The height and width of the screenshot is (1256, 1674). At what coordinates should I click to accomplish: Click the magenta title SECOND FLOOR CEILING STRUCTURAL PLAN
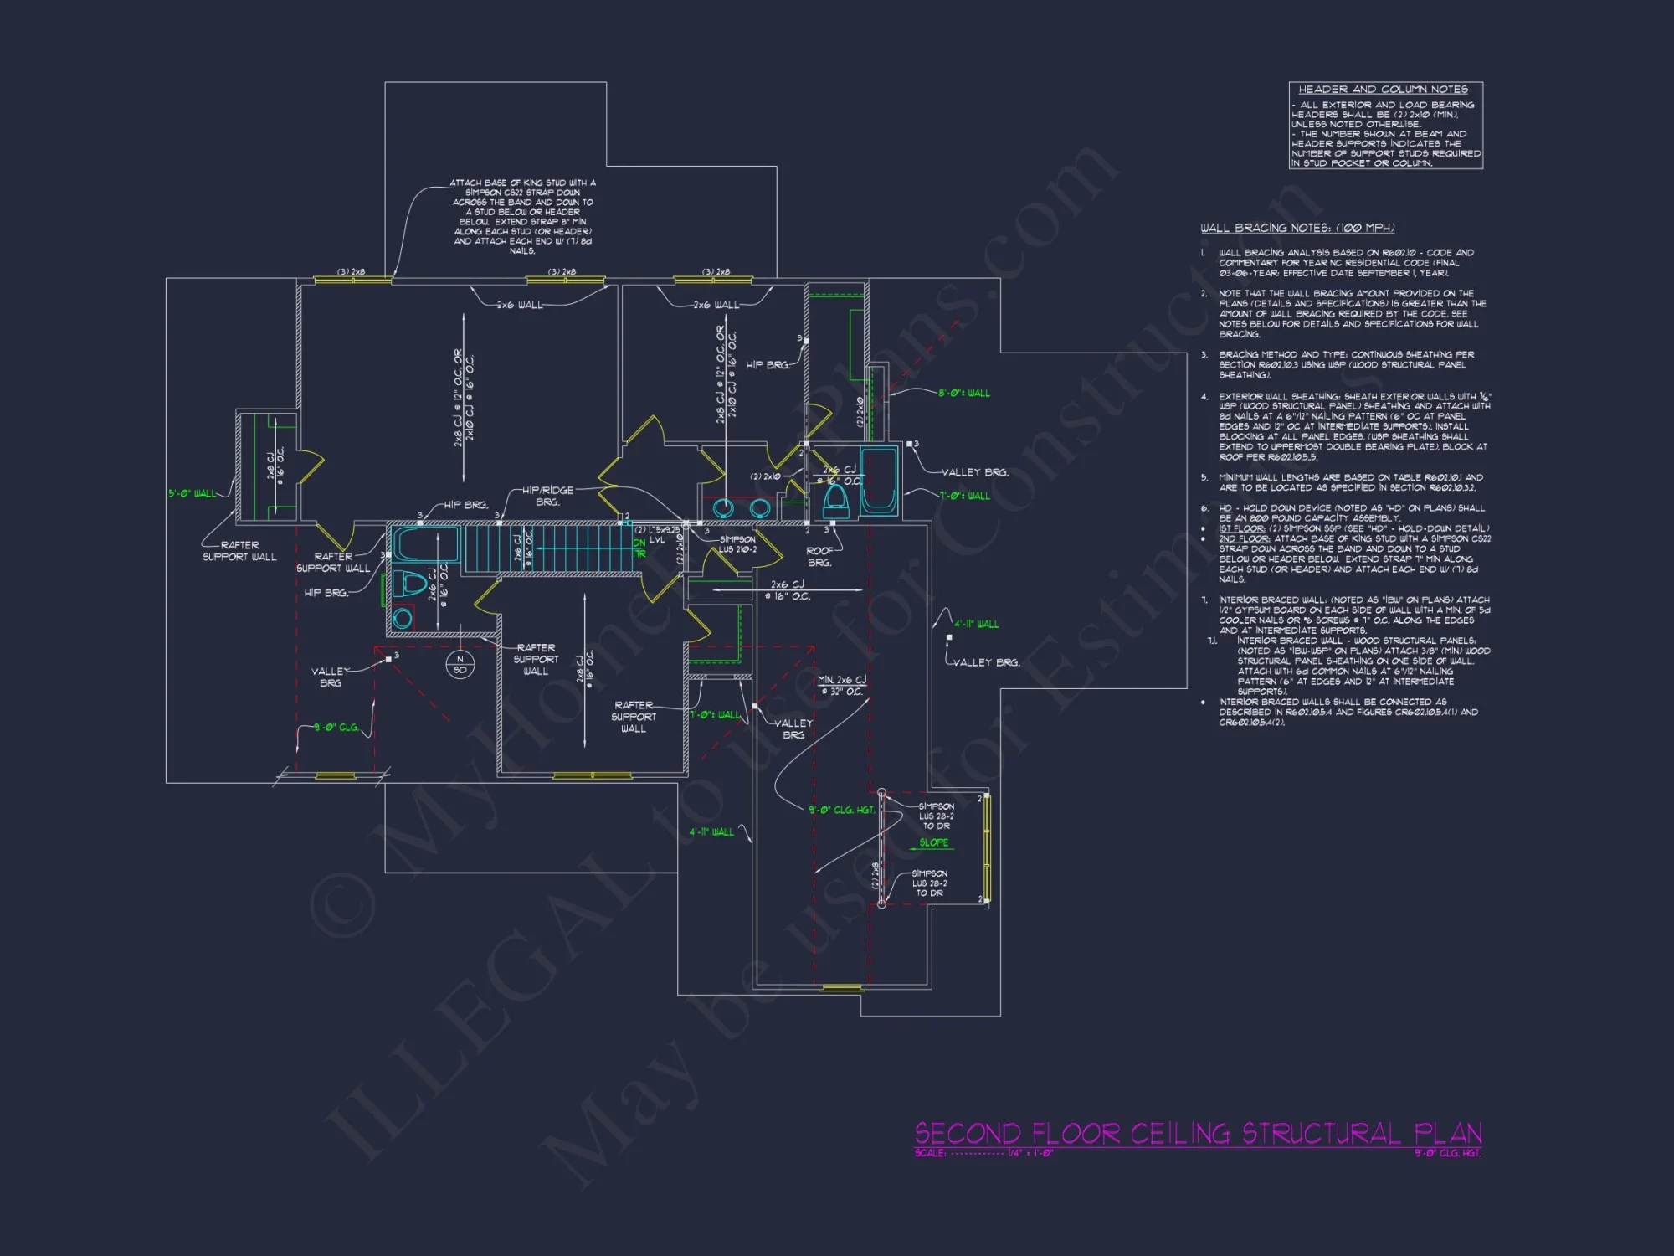pos(1198,1134)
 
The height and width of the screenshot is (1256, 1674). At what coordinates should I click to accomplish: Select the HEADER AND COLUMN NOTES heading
pos(1383,90)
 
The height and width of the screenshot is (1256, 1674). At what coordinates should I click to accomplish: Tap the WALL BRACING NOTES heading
pos(1297,228)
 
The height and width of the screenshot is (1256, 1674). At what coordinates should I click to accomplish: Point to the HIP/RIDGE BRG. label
pos(547,496)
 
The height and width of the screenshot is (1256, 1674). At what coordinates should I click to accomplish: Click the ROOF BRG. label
pos(819,557)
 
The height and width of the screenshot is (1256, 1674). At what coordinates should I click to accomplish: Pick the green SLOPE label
pos(933,842)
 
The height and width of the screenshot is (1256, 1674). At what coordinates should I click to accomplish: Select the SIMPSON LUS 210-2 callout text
pos(737,544)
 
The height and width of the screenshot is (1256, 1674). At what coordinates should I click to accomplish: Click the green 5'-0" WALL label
pos(192,493)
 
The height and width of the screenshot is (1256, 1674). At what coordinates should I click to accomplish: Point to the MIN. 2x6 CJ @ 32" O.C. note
pos(841,686)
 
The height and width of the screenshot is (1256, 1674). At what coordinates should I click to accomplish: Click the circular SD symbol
pos(460,665)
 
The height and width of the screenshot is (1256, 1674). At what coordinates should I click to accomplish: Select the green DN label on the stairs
pos(639,543)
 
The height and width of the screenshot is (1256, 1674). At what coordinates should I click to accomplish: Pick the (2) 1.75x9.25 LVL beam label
pos(658,534)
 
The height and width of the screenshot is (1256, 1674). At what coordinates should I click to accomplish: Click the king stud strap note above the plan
pos(522,216)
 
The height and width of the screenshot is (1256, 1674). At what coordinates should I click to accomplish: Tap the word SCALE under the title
pos(930,1153)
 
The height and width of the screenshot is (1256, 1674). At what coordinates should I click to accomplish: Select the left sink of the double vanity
pos(723,507)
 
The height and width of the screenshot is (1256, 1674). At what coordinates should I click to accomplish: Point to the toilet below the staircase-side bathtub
pos(411,583)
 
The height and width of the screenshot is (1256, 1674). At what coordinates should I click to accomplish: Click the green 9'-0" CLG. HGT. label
pos(841,810)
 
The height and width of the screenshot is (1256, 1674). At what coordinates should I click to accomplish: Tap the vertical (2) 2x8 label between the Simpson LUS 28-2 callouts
pos(876,875)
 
